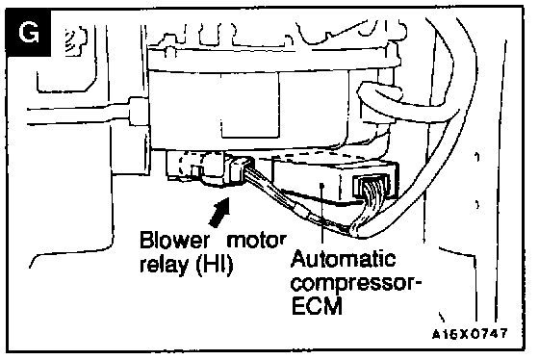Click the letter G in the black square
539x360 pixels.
tap(29, 33)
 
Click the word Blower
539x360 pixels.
tap(174, 241)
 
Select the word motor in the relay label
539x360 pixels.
tap(256, 241)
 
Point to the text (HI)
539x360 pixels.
tap(215, 266)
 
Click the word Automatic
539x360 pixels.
tap(343, 259)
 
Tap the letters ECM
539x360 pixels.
tap(317, 306)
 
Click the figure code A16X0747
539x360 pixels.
tap(470, 333)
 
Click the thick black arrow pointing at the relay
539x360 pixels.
tap(219, 213)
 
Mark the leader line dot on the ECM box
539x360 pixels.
tap(322, 186)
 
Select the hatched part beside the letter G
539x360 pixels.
tap(75, 40)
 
